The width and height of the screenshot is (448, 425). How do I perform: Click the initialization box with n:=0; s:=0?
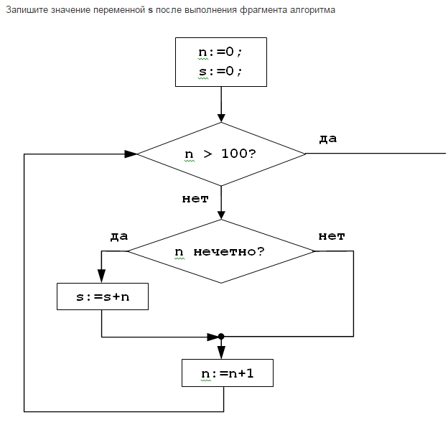click(x=220, y=62)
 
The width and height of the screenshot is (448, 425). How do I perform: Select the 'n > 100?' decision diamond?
click(x=220, y=154)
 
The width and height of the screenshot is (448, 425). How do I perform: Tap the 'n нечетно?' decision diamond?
click(x=220, y=251)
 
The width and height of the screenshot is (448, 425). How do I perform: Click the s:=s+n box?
click(x=103, y=296)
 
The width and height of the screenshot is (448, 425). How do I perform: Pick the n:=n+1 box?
click(x=228, y=373)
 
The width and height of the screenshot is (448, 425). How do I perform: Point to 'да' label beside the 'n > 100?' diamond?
click(x=327, y=139)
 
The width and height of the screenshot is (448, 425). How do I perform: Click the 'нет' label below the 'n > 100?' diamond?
click(x=195, y=199)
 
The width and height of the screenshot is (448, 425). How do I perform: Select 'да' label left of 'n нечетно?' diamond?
click(x=119, y=235)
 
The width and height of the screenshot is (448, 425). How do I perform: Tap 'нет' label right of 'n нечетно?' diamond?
click(x=332, y=235)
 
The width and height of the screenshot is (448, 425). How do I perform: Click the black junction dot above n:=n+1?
click(x=221, y=336)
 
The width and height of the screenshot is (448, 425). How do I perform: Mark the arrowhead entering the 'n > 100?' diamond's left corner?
click(x=131, y=154)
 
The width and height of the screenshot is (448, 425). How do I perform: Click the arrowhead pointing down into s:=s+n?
click(x=101, y=277)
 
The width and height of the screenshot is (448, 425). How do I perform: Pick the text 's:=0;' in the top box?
click(x=220, y=72)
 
